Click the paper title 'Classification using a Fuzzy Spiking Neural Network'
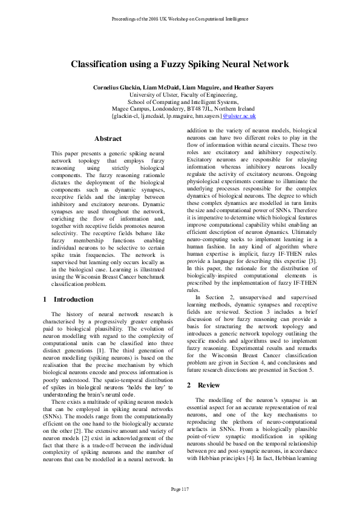(x=180, y=64)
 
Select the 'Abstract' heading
(x=108, y=138)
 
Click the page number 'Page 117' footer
(x=180, y=488)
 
